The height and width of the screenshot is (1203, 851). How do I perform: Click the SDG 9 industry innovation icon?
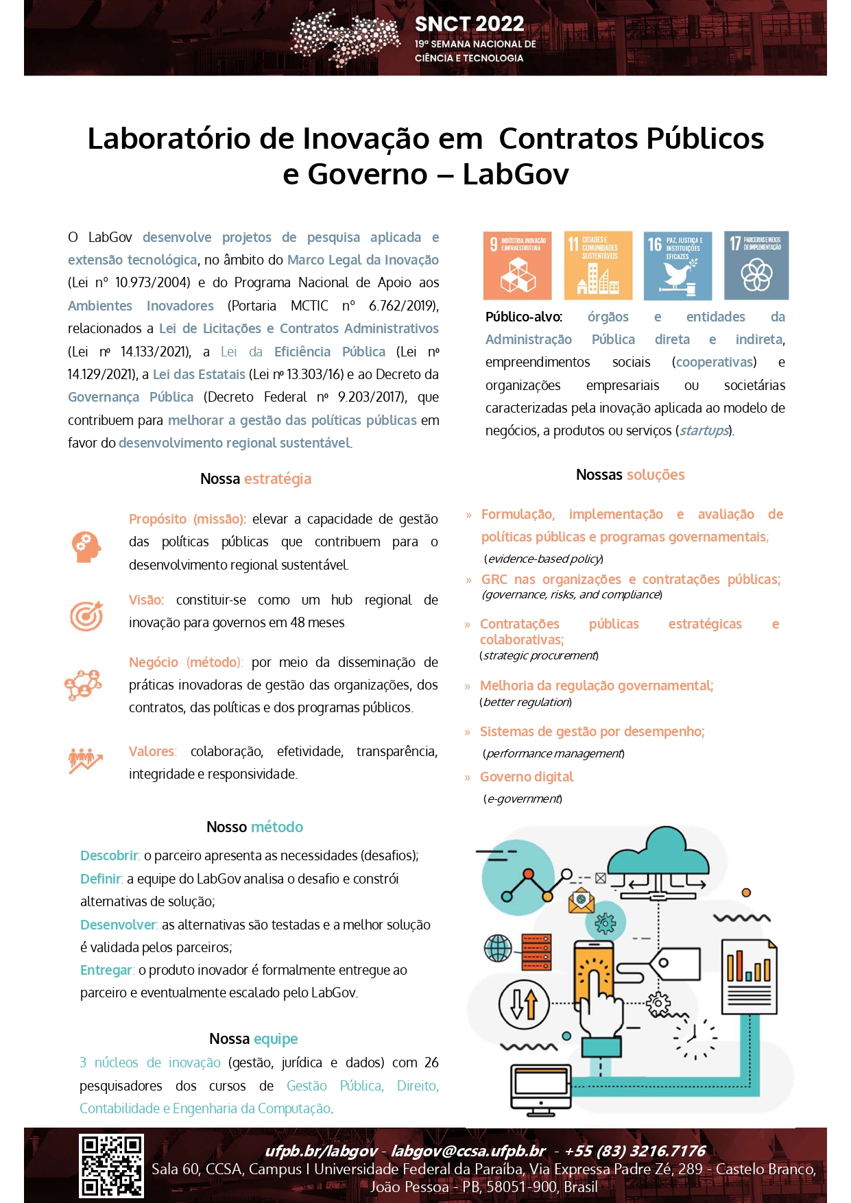coord(517,265)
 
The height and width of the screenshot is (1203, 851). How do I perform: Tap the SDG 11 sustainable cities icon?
coord(598,265)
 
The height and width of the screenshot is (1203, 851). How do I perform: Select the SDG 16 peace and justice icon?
coord(678,265)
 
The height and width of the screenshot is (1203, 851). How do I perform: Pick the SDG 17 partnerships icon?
coord(756,265)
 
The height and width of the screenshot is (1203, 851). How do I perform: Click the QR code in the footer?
coord(111,1166)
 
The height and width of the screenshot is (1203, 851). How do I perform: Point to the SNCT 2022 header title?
coord(469,24)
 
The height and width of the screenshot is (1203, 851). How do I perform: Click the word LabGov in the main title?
coord(516,174)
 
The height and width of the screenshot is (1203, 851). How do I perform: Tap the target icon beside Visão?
coord(86,615)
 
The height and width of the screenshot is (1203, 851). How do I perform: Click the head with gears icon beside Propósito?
coord(86,546)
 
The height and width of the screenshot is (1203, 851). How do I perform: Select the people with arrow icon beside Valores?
coord(85,760)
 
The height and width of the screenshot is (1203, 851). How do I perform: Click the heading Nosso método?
coord(254,827)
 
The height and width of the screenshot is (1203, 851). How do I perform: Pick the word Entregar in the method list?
coord(106,970)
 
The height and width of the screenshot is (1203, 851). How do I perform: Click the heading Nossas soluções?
coord(630,474)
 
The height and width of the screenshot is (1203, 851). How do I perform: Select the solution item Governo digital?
coord(527,777)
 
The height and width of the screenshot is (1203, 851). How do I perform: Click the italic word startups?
coord(704,430)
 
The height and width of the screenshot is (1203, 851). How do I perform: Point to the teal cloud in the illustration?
coord(658,853)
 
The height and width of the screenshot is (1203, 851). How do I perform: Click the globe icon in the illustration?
coord(498,949)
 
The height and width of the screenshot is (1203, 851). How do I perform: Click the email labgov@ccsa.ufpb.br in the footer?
coord(468,1150)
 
